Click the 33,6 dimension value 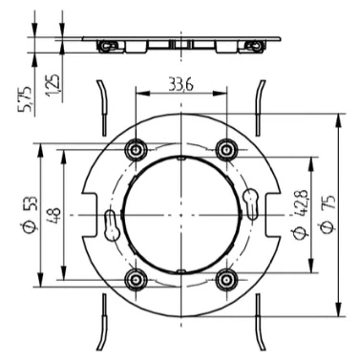pyautogui.click(x=180, y=86)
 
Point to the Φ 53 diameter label pyautogui.click(x=31, y=213)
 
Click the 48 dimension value pyautogui.click(x=54, y=216)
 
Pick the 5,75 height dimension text pyautogui.click(x=25, y=98)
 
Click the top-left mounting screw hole pyautogui.click(x=137, y=149)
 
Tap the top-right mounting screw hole pyautogui.click(x=226, y=149)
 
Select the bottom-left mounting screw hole pyautogui.click(x=137, y=280)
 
